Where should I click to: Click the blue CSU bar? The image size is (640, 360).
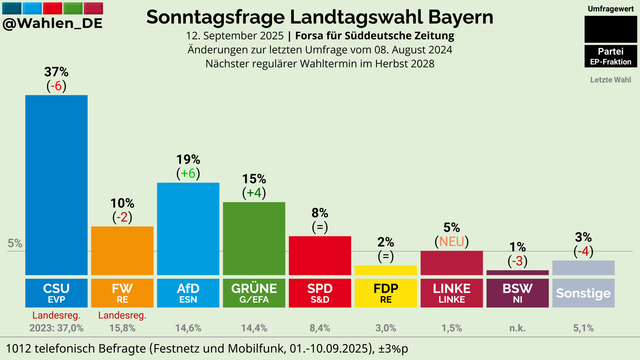pos(56,185)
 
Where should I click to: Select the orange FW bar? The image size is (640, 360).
pos(122,250)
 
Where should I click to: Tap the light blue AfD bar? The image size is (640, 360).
pos(188,228)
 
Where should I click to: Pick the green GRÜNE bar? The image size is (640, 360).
pos(253,238)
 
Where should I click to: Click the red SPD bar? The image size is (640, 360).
pos(319,255)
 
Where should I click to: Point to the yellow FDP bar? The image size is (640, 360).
pos(385,270)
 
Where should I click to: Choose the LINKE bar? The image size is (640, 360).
pos(451,262)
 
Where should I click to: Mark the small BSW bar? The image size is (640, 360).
pos(517,272)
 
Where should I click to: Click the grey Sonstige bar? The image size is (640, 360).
pos(583,267)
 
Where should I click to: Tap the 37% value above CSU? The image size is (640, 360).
pos(56,72)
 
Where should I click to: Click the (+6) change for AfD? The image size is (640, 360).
pos(188,173)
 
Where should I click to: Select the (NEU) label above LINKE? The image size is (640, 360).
pos(451,241)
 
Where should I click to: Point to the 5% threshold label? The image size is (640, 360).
pos(14,243)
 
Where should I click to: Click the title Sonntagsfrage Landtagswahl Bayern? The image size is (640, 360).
pos(319,17)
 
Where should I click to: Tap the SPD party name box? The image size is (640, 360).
pos(319,292)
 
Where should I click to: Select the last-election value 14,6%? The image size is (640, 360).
pos(188,327)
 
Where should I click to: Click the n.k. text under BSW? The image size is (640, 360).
pos(517,327)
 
